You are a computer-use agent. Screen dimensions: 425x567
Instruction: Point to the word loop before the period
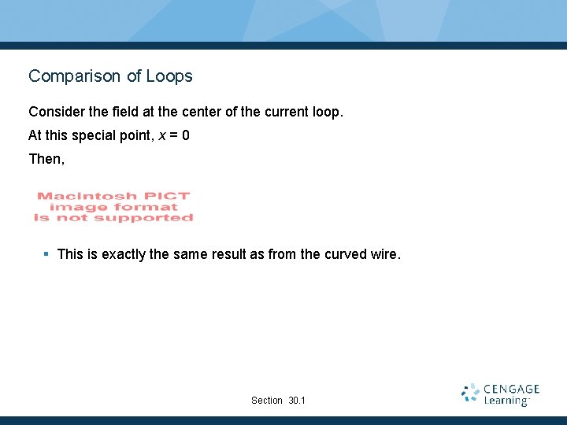pos(324,112)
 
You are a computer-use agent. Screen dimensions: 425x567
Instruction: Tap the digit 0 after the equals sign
pos(185,135)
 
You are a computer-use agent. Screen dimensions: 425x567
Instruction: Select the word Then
pos(45,159)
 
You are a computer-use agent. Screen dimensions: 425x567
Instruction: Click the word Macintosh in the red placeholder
pos(76,196)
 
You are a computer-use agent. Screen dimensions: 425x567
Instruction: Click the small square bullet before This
pos(46,253)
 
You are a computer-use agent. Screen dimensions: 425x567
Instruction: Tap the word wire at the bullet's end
pos(385,254)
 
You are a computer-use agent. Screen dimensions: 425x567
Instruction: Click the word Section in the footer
pos(266,401)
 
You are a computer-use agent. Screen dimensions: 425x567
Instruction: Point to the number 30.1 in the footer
pos(297,401)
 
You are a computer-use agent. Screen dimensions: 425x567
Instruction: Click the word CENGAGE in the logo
pos(512,389)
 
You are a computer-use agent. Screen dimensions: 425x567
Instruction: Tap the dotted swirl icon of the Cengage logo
pos(471,394)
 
